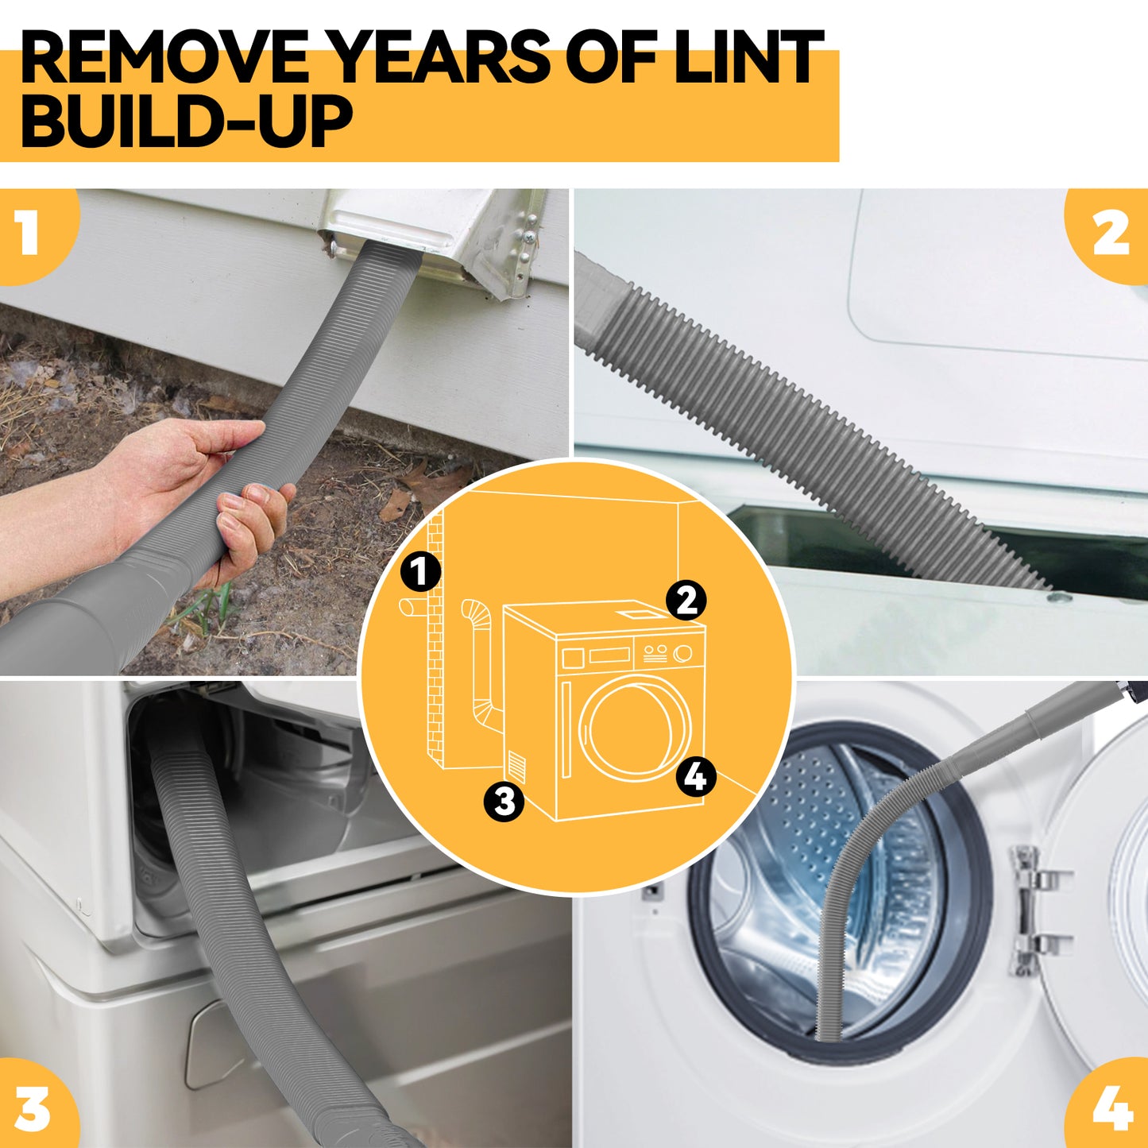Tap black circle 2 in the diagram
pos(686,600)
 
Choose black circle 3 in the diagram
pos(504,801)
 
